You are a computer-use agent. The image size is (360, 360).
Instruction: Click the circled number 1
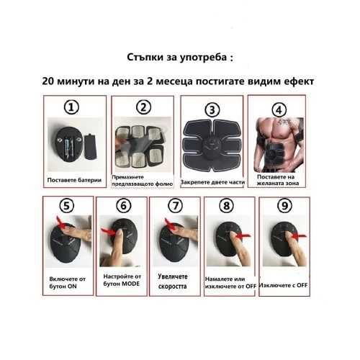pyautogui.click(x=71, y=107)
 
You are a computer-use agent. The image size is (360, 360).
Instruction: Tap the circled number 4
pyautogui.click(x=279, y=110)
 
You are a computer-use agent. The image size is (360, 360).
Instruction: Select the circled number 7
pyautogui.click(x=176, y=206)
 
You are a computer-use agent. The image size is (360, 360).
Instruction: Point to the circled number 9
pyautogui.click(x=284, y=206)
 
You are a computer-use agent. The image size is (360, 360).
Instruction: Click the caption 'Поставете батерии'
pyautogui.click(x=74, y=180)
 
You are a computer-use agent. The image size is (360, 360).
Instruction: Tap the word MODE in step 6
pyautogui.click(x=131, y=284)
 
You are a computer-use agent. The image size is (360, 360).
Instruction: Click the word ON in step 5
pyautogui.click(x=72, y=286)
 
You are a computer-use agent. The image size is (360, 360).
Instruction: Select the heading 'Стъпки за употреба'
pyautogui.click(x=177, y=58)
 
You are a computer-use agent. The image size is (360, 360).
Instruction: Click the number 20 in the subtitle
pyautogui.click(x=48, y=81)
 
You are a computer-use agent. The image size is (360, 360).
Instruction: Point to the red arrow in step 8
pyautogui.click(x=243, y=236)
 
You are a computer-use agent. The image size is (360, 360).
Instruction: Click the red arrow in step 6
pyautogui.click(x=109, y=232)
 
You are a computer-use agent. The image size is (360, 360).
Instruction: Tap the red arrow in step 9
pyautogui.click(x=298, y=236)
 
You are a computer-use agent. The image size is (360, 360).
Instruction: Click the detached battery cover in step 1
pyautogui.click(x=91, y=147)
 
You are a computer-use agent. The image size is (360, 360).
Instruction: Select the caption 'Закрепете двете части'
pyautogui.click(x=212, y=182)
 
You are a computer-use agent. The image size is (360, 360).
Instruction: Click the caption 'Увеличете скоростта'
pyautogui.click(x=173, y=282)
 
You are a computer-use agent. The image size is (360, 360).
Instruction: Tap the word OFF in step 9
pyautogui.click(x=302, y=285)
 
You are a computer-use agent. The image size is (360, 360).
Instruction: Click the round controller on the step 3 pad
pyautogui.click(x=212, y=146)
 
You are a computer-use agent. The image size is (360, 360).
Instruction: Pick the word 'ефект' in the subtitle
pyautogui.click(x=299, y=81)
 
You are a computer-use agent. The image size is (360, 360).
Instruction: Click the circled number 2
pyautogui.click(x=143, y=107)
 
